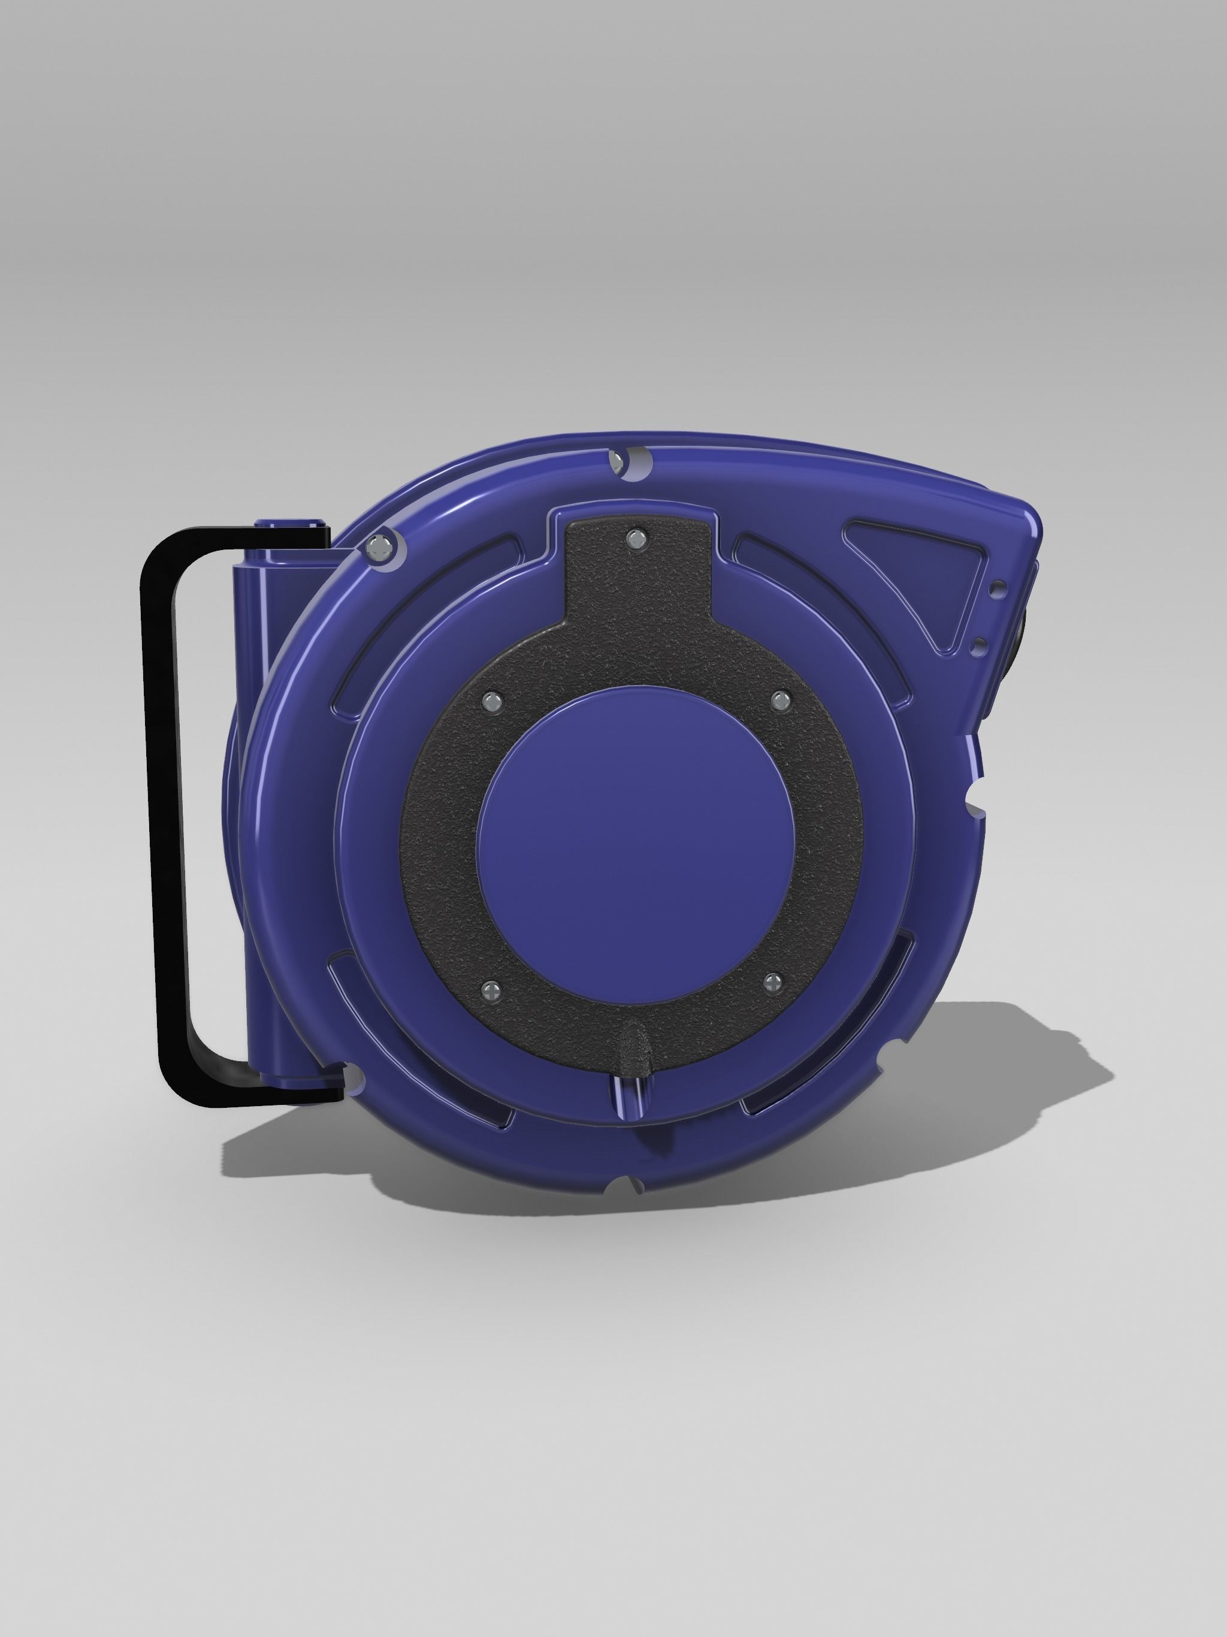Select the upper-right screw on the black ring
pos(779,699)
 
